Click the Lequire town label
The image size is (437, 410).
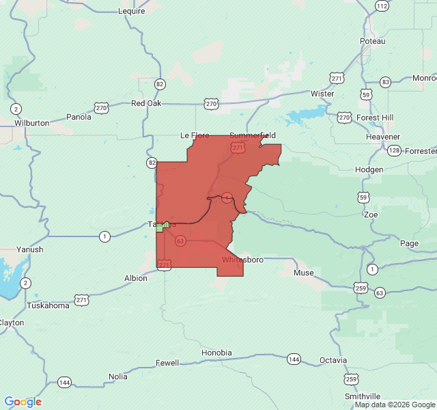132,11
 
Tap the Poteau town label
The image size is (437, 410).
373,41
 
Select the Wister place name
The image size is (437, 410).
322,94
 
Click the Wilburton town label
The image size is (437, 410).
31,123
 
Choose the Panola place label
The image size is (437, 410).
79,117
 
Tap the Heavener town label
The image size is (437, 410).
382,137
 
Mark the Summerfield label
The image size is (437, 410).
252,135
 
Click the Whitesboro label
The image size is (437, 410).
242,260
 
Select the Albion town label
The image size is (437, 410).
135,278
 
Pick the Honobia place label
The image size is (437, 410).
216,353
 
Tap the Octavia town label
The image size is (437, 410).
333,360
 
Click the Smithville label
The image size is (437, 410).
363,396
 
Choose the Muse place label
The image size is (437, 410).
304,273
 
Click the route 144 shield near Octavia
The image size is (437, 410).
294,359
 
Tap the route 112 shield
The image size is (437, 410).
382,5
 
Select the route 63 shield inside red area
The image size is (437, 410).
180,241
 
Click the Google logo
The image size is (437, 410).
23,402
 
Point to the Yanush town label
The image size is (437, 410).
31,249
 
